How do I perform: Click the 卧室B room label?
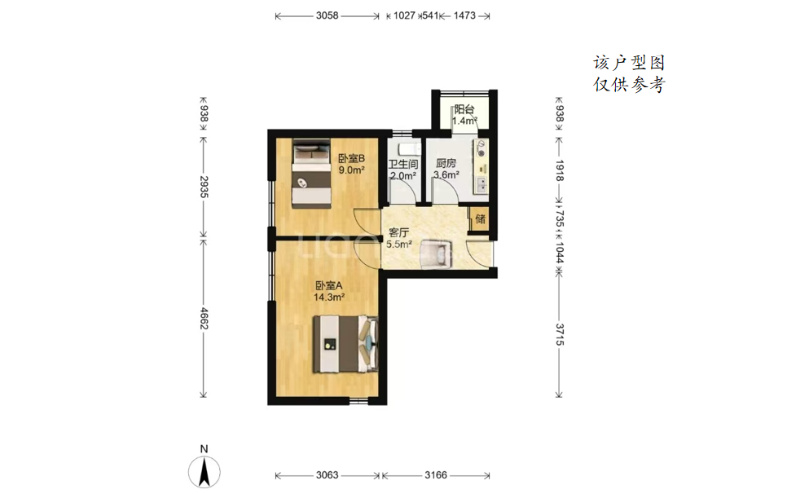tap(351, 159)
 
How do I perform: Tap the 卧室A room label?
tap(329, 285)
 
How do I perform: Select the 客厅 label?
tap(398, 232)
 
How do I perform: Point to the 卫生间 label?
tap(403, 164)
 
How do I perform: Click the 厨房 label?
tap(446, 163)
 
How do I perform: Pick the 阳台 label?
tap(464, 109)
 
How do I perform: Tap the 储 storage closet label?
tap(481, 219)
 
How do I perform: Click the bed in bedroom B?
tap(312, 173)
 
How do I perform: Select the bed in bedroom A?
tap(345, 344)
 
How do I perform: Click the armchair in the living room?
tap(437, 254)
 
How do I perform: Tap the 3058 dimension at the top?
tap(328, 15)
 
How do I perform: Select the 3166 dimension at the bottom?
tap(436, 475)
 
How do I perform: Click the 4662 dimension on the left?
tap(204, 318)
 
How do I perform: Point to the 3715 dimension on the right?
tap(560, 334)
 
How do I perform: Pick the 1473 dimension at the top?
tap(464, 15)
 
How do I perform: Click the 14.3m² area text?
tap(329, 298)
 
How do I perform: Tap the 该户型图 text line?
tap(629, 63)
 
